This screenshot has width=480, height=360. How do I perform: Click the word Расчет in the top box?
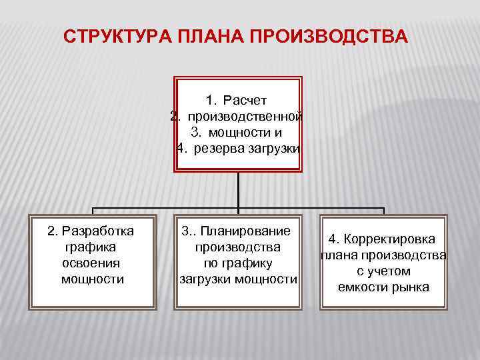245,101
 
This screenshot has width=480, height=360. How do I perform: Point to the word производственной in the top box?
245,116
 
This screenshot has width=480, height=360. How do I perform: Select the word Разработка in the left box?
97,231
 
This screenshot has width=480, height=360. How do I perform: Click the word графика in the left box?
91,247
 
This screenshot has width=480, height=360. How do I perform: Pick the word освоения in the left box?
92,263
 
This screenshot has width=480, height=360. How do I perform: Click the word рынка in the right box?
410,287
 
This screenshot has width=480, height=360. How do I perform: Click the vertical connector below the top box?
238,190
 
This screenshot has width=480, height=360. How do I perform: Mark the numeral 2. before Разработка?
52,231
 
